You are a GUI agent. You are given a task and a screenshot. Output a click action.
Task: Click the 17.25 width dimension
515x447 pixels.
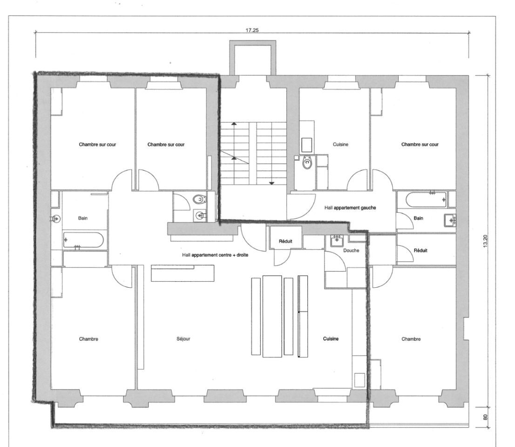point(252,30)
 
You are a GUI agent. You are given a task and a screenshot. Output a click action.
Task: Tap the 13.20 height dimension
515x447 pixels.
point(486,241)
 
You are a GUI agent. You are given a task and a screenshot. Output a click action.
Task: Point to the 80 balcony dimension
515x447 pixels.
point(486,417)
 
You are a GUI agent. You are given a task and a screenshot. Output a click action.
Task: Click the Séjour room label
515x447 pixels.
point(183,339)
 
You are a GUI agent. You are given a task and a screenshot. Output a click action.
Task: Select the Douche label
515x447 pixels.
point(351,251)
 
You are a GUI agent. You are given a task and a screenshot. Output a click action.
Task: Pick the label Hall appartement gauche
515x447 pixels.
point(350,208)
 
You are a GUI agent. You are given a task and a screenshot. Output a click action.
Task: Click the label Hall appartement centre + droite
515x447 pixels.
point(215,255)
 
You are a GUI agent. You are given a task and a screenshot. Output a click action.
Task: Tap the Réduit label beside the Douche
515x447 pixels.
point(285,241)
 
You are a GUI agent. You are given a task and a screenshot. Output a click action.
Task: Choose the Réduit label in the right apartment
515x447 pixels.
point(420,251)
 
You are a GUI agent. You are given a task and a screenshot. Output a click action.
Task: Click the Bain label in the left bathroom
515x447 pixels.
point(83,218)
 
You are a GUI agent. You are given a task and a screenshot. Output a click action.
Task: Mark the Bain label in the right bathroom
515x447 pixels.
point(418,218)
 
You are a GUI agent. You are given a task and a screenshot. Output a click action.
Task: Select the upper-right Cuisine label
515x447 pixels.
point(340,144)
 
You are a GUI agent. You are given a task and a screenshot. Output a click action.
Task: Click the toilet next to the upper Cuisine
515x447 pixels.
point(307,163)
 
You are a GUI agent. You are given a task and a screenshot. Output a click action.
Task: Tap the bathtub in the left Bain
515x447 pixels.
point(83,240)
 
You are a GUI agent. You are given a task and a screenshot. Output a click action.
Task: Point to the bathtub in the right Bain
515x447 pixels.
point(426,200)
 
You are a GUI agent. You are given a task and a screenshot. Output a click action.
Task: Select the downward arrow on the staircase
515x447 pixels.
point(271,183)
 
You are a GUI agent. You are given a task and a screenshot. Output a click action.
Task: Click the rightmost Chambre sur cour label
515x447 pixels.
point(420,144)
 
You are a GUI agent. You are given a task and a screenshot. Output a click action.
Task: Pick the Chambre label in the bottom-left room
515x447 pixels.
point(88,339)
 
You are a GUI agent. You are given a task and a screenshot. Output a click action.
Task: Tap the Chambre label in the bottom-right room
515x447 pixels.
point(411,339)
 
